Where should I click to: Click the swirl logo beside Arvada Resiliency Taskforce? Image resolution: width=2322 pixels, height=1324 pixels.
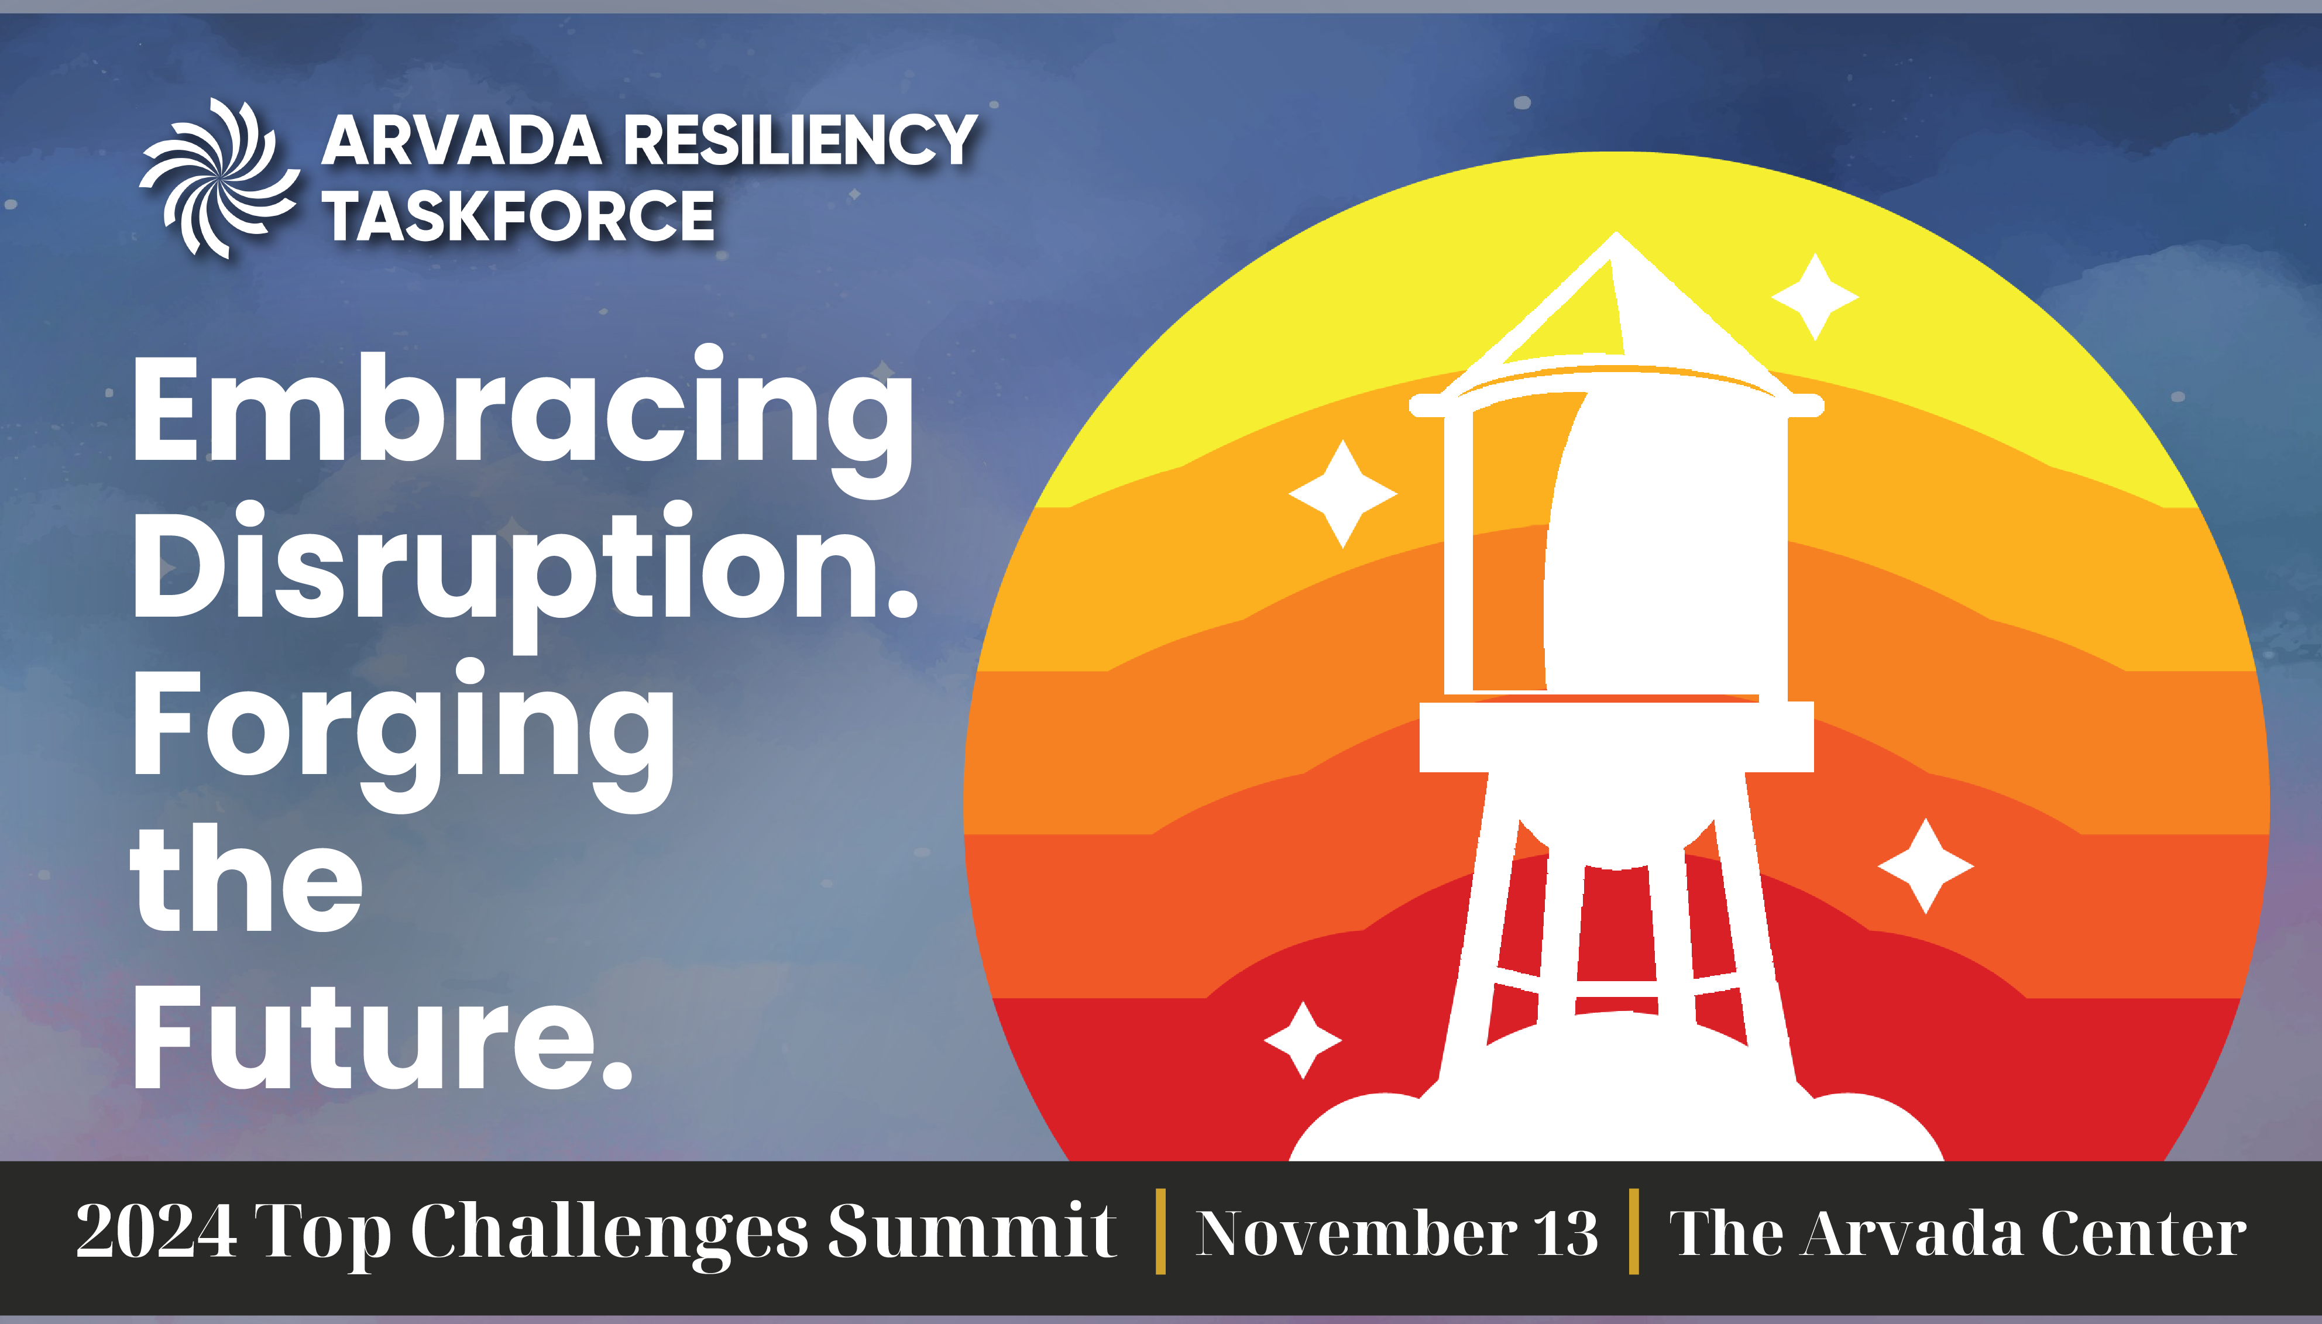[x=218, y=178]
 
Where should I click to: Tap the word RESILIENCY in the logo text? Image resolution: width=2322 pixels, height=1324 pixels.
[x=801, y=141]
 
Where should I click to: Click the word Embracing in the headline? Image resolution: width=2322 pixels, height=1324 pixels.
[x=523, y=420]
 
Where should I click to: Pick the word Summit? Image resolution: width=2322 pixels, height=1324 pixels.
[x=971, y=1231]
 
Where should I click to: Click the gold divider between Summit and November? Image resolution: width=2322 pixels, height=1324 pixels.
[x=1160, y=1230]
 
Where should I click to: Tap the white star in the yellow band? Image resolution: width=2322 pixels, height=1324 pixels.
[x=1815, y=297]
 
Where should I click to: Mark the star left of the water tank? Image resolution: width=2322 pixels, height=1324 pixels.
[x=1342, y=494]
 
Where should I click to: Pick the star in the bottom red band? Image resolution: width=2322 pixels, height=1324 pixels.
[x=1303, y=1040]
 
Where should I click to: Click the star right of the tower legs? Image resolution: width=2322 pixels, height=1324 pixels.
[x=1925, y=866]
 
